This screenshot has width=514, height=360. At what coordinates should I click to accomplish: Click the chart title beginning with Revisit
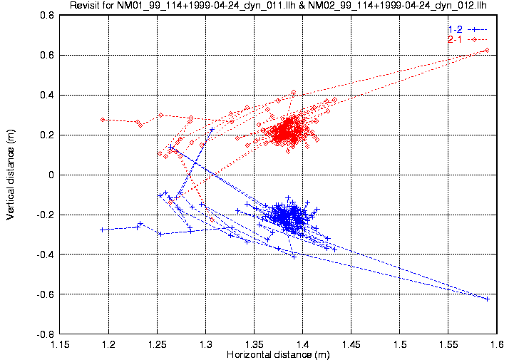(x=278, y=6)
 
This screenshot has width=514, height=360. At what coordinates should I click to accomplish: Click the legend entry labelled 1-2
(x=454, y=29)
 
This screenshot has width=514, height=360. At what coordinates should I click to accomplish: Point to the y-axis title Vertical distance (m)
(x=10, y=175)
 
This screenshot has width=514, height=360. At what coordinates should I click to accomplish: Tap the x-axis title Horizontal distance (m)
(x=278, y=354)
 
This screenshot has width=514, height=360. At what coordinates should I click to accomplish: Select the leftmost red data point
(x=103, y=120)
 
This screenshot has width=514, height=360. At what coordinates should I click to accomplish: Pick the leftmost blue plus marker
(x=103, y=230)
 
